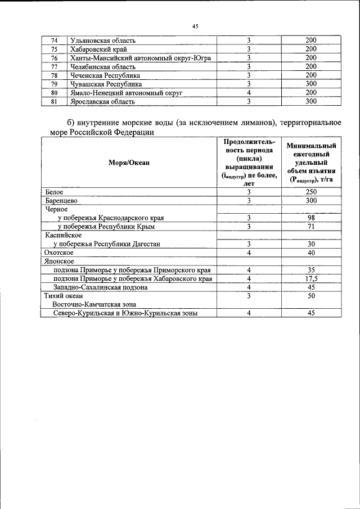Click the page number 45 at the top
pos(195,26)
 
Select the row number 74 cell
pos(55,40)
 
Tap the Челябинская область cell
pos(99,66)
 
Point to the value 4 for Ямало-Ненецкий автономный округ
pos(248,93)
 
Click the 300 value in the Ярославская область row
pos(311,102)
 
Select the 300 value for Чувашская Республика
pos(311,84)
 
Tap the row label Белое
pos(55,192)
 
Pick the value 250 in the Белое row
pos(311,192)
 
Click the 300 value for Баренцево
pos(311,200)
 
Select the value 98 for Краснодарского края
pos(311,218)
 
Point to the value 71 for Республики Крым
pos(311,226)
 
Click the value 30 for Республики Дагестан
pos(311,244)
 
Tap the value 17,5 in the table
pos(311,278)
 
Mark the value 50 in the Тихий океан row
pos(311,296)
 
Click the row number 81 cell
pos(55,102)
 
